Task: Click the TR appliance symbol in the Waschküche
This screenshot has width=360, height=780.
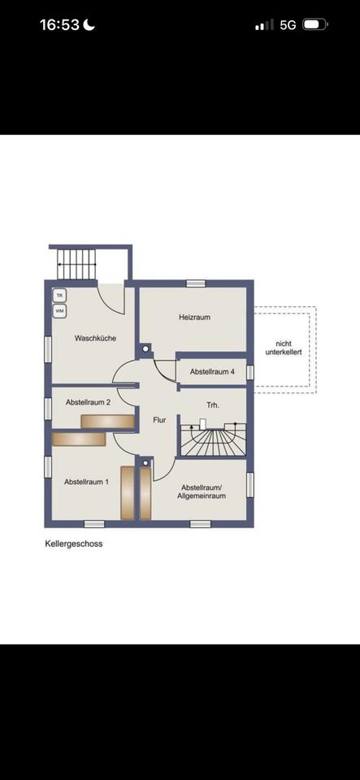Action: pyautogui.click(x=59, y=296)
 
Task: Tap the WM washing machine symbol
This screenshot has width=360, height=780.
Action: pyautogui.click(x=59, y=311)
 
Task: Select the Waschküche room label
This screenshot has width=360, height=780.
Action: pyautogui.click(x=95, y=338)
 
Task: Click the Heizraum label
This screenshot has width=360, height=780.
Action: pyautogui.click(x=194, y=317)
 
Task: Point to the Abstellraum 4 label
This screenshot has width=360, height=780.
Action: pyautogui.click(x=212, y=372)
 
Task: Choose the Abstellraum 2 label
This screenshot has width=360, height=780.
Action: pyautogui.click(x=88, y=402)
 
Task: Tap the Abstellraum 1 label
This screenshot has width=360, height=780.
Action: pyautogui.click(x=86, y=482)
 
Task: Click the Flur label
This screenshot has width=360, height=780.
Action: pyautogui.click(x=159, y=420)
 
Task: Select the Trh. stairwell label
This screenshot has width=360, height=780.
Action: pyautogui.click(x=213, y=405)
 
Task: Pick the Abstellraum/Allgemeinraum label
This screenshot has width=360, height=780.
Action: pyautogui.click(x=204, y=492)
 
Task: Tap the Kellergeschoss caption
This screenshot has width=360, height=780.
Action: pyautogui.click(x=74, y=544)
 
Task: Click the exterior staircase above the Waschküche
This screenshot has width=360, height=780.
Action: pyautogui.click(x=76, y=264)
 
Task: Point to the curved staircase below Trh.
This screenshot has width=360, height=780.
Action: pyautogui.click(x=213, y=440)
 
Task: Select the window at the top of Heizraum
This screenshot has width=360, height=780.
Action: pyautogui.click(x=196, y=284)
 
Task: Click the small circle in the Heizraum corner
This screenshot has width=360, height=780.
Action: pyautogui.click(x=145, y=349)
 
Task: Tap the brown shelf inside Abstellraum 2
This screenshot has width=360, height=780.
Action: pyautogui.click(x=108, y=422)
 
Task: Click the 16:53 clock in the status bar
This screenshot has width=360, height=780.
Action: pyautogui.click(x=59, y=25)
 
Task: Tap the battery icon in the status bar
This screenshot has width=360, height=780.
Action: pyautogui.click(x=315, y=24)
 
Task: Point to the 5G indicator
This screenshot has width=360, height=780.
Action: pyautogui.click(x=288, y=25)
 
